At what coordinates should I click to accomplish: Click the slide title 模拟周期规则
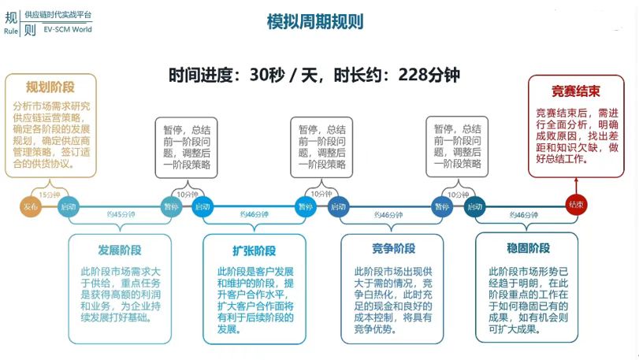[315, 22]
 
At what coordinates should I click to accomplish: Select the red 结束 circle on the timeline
[576, 205]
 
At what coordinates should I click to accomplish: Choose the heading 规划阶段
[50, 87]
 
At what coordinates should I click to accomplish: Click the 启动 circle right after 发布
[69, 206]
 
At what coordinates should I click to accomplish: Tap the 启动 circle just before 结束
[474, 206]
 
